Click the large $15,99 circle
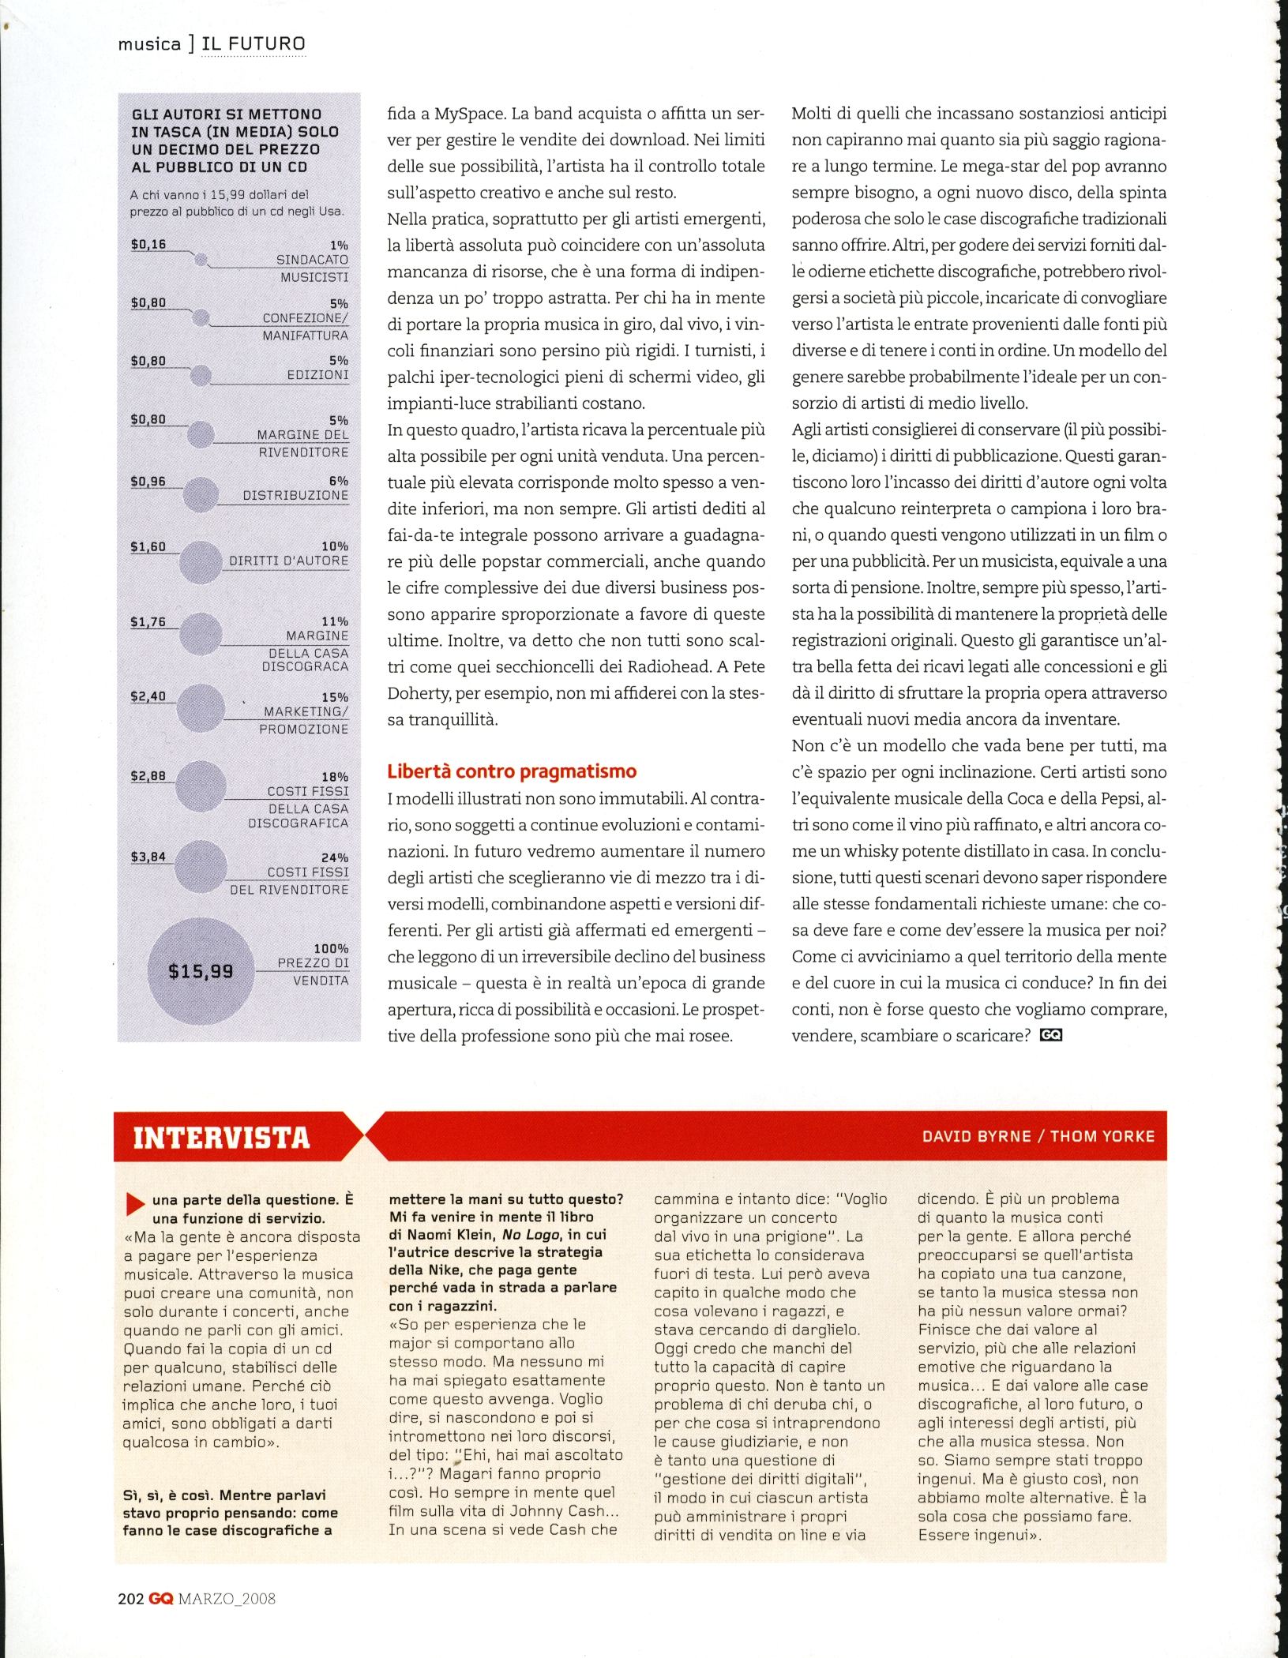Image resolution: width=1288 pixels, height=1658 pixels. coord(201,970)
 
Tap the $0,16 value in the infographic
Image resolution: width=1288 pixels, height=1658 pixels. coord(148,244)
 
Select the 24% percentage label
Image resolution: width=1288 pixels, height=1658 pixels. coord(334,857)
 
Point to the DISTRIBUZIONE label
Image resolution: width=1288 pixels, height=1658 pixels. coord(295,495)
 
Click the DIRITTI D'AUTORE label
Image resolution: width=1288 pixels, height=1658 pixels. coord(288,561)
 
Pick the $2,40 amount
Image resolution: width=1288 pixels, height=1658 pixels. coord(148,696)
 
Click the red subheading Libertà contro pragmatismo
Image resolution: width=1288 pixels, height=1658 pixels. coord(512,771)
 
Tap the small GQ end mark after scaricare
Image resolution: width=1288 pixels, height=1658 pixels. coord(1051,1035)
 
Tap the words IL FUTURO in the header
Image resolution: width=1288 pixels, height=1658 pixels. coord(253,43)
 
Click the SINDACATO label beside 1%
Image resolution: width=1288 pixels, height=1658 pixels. coord(312,260)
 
